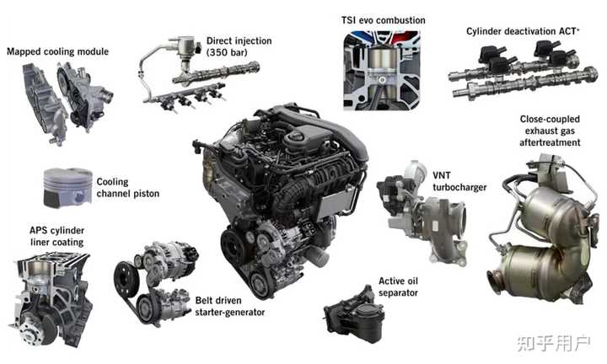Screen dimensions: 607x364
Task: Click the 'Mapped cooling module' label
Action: (57, 51)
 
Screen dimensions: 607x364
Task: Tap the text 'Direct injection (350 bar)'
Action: (239, 46)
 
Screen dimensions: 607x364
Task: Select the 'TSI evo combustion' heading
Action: (384, 20)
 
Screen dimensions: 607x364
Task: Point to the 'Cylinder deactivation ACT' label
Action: (523, 31)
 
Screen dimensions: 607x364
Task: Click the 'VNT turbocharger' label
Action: (459, 181)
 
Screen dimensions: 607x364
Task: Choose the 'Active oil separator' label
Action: (398, 286)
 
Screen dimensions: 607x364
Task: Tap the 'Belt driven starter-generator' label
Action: (230, 307)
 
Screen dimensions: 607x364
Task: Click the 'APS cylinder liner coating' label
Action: (57, 237)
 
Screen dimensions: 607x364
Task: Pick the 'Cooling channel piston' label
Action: (128, 188)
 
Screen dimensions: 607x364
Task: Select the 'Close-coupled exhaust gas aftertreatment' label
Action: (550, 131)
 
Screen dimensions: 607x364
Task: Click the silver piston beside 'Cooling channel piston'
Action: (67, 188)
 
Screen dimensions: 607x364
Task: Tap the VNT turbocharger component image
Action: (422, 212)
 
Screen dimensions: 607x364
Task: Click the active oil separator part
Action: (354, 314)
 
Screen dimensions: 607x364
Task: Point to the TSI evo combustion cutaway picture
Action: (382, 71)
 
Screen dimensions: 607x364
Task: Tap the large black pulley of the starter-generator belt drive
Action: (126, 279)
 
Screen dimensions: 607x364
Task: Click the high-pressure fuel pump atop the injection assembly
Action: (185, 49)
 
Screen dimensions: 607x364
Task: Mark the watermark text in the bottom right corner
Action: (555, 343)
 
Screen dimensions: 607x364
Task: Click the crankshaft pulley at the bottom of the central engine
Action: (234, 247)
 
